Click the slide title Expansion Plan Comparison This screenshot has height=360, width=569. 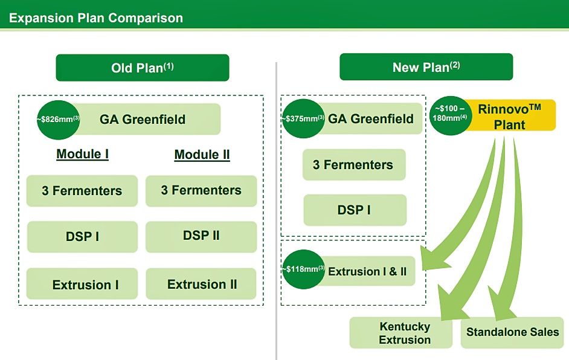(x=96, y=18)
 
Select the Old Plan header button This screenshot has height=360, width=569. (x=143, y=68)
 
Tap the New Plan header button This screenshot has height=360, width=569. (x=426, y=67)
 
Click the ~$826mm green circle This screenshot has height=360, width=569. (x=58, y=120)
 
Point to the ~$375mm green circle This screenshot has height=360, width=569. (x=303, y=118)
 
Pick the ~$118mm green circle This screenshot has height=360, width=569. (x=303, y=269)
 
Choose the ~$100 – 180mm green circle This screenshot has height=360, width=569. (x=450, y=116)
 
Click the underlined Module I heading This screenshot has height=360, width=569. (x=82, y=154)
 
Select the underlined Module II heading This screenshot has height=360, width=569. (x=202, y=155)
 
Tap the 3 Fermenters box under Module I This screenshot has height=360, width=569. (x=82, y=191)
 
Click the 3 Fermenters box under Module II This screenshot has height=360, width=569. (x=201, y=191)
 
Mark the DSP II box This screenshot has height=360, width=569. (x=201, y=237)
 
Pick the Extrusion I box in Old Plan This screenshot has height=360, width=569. (x=82, y=284)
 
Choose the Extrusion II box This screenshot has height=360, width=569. (x=201, y=284)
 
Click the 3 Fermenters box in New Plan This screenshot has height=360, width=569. (x=354, y=165)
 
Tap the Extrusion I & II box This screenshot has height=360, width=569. (x=367, y=271)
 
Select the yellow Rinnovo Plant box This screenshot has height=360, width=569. (x=509, y=115)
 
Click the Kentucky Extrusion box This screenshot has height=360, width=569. (x=401, y=333)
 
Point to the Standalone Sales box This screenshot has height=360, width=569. (x=512, y=333)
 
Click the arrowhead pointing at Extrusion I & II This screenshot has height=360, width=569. (x=434, y=259)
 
